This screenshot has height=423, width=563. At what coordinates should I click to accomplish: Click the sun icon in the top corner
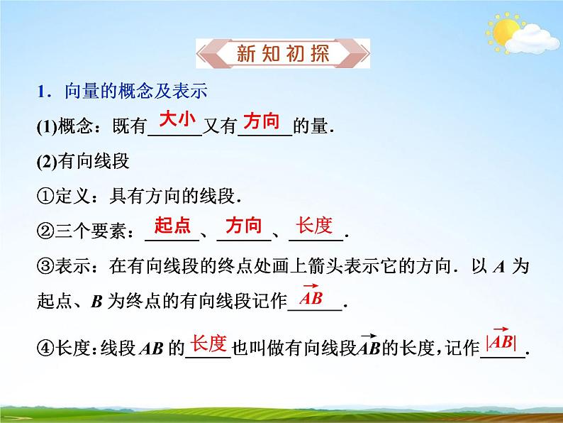coord(506,31)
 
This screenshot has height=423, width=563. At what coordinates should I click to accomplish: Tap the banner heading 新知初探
coord(281,53)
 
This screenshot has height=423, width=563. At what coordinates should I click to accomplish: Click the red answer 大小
coord(177,120)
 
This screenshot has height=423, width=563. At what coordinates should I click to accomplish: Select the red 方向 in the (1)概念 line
coord(262,121)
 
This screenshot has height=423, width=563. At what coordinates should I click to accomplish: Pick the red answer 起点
coord(173,226)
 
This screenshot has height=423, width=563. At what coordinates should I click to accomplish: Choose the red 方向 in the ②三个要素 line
coord(243,226)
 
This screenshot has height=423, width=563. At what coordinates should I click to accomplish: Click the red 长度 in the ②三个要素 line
coord(314,226)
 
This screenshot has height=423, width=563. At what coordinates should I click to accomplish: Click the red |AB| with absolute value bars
coord(501,341)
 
